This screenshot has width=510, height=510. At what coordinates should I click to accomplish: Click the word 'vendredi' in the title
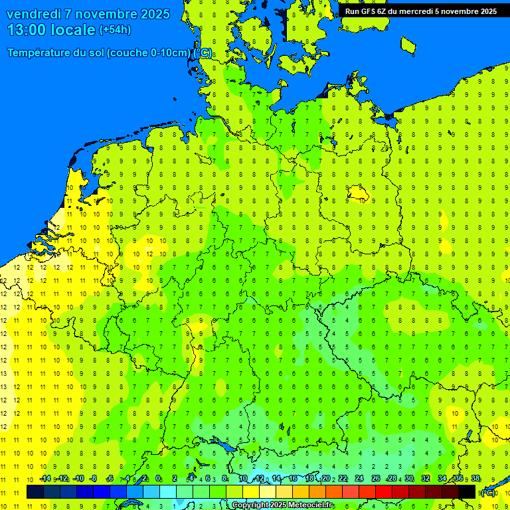click(x=34, y=14)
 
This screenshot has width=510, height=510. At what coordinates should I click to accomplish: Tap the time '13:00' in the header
click(x=27, y=30)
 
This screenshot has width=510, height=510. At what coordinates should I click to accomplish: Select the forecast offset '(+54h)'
click(x=115, y=30)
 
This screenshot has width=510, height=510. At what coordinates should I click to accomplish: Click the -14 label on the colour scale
click(x=45, y=479)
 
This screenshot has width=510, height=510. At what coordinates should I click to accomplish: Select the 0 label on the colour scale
click(x=158, y=479)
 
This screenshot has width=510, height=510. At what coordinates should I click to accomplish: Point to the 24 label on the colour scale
click(x=359, y=479)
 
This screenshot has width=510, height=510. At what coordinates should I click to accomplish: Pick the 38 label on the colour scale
click(x=475, y=479)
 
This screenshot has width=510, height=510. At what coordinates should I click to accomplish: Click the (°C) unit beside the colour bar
click(x=488, y=492)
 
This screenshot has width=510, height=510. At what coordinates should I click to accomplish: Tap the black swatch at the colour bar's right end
click(x=467, y=492)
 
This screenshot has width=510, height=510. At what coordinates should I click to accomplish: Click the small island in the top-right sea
click(x=408, y=44)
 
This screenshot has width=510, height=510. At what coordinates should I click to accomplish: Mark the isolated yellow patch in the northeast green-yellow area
click(x=359, y=193)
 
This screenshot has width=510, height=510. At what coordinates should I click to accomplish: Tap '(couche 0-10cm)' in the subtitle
click(x=149, y=53)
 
